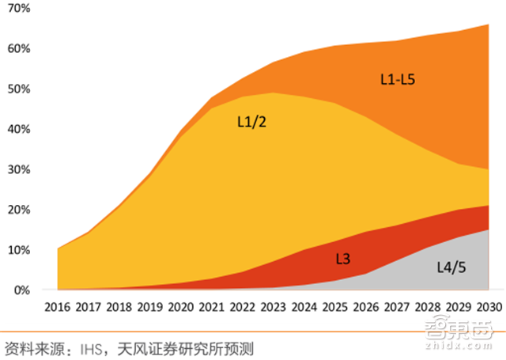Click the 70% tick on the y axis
click(18, 8)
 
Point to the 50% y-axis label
click(18, 89)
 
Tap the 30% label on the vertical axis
click(18, 169)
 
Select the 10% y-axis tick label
click(18, 250)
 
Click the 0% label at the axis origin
click(21, 290)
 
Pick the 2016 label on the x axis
click(59, 306)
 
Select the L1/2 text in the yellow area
click(252, 122)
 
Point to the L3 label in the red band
click(343, 259)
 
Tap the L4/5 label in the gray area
click(451, 267)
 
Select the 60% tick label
click(18, 48)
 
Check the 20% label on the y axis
click(18, 210)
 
